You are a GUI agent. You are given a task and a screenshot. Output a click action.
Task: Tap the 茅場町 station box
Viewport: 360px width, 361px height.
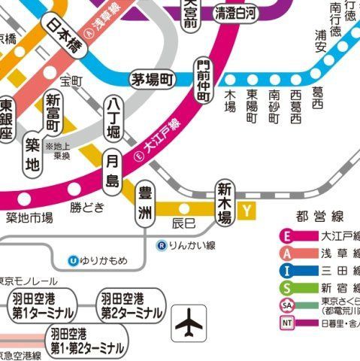coord(153,79)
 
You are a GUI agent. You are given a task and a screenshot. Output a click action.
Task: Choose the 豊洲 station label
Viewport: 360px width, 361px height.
coord(144,203)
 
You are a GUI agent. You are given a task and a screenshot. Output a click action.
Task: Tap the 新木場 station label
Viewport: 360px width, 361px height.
coord(224,202)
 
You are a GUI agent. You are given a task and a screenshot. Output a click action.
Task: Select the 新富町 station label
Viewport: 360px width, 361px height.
coord(53,114)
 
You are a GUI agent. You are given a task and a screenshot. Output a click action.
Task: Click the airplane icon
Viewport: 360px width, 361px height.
coord(189,323)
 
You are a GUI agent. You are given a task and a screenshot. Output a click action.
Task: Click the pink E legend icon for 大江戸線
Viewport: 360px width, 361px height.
coord(288,236)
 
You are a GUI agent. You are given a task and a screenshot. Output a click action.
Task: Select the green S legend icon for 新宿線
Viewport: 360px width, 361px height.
coord(288,288)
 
